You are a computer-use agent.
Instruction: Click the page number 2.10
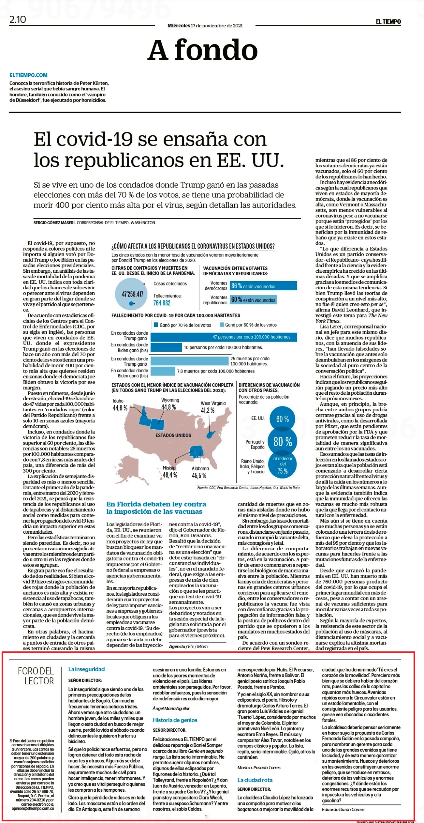point(18,20)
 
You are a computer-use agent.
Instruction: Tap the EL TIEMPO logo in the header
point(388,22)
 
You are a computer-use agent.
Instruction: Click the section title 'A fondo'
point(203,50)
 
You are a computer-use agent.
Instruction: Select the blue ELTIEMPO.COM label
point(28,75)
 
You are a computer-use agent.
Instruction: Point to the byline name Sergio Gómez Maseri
point(54,222)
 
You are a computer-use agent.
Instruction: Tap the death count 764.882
point(162,303)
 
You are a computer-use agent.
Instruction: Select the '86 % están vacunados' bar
point(263,286)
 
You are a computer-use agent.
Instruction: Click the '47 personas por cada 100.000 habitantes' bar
point(224,337)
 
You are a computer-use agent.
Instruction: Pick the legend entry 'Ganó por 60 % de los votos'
point(249,325)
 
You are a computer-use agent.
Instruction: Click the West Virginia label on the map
point(213,403)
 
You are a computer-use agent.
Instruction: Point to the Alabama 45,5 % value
point(199,475)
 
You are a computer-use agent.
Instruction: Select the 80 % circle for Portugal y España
point(283,442)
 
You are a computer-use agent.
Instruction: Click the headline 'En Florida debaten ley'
point(156,504)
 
